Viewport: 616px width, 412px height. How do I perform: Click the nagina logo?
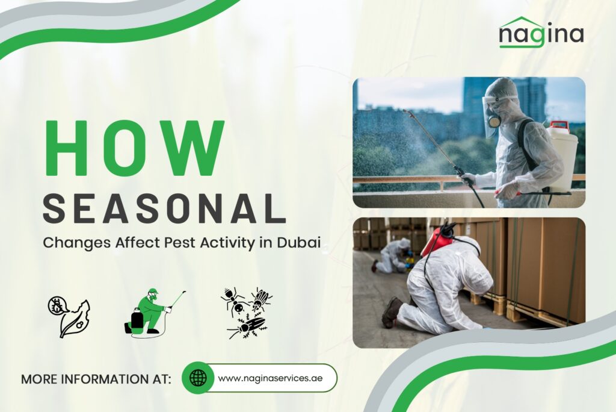click(x=541, y=33)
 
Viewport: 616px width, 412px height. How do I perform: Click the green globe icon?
click(x=198, y=378)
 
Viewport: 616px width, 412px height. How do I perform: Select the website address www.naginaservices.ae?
click(x=270, y=378)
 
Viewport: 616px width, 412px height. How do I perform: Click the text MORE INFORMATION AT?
click(x=96, y=379)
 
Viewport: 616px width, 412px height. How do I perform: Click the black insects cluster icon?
click(x=246, y=313)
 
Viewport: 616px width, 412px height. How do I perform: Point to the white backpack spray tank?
click(x=562, y=157)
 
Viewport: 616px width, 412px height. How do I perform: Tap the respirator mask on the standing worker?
click(x=492, y=118)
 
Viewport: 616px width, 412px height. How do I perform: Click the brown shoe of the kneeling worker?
click(x=391, y=312)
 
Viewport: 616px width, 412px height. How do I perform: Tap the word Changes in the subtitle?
click(x=77, y=243)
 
